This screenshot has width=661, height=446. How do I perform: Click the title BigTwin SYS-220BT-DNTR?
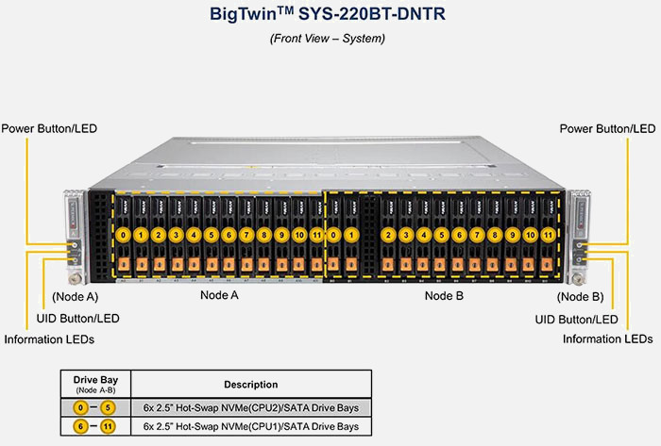[330, 15]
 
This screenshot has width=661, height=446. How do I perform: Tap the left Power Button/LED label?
[49, 128]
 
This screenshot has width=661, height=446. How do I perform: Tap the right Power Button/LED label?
[607, 128]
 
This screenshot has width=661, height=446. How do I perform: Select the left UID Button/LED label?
[77, 319]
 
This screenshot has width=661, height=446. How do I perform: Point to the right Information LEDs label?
[607, 339]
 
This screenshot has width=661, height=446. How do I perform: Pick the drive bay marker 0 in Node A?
[123, 234]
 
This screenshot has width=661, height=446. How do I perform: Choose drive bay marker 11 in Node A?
[316, 234]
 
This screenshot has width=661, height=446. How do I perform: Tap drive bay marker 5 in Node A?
[211, 234]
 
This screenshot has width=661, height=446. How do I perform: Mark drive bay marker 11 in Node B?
[547, 234]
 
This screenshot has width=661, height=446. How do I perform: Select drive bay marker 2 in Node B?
[388, 234]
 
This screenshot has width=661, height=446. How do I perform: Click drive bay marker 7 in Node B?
[477, 234]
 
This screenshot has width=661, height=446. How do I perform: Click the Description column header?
[250, 385]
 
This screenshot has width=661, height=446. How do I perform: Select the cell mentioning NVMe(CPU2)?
[250, 407]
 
